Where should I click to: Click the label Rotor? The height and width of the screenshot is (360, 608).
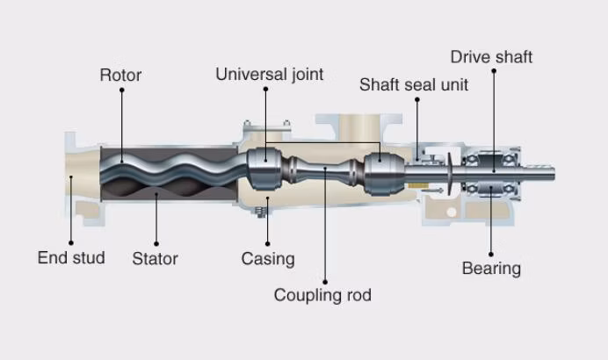120,75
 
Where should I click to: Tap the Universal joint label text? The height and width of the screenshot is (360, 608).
269,75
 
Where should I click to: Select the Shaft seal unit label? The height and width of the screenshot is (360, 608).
414,85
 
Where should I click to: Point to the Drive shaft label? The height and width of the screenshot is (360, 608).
491,58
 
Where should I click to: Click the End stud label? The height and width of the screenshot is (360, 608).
71,257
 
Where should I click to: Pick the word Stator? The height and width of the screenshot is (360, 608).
155,258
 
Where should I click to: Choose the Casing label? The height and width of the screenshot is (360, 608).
268,258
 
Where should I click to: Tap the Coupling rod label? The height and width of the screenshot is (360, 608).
322,295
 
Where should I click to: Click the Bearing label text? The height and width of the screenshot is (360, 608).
491,268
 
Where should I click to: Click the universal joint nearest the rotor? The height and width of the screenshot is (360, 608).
261,168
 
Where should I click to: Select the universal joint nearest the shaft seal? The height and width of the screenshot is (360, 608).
379,170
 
